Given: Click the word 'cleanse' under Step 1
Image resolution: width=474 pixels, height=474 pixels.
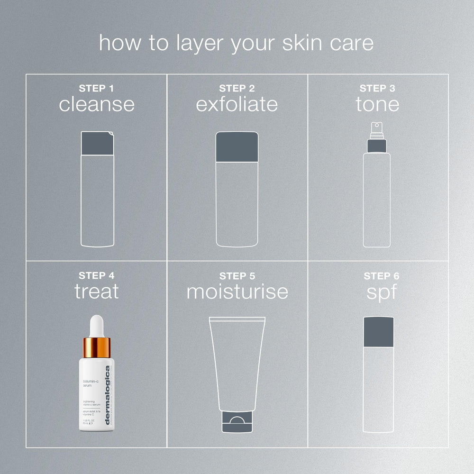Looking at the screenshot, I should [97, 104].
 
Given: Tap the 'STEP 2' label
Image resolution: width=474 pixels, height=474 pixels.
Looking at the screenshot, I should [237, 88].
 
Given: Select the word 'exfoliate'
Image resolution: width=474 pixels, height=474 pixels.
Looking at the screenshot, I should [237, 104].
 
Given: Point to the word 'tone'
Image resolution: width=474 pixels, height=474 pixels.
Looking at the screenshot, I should [377, 104].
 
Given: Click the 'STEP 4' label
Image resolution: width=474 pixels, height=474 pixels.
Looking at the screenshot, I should [97, 275].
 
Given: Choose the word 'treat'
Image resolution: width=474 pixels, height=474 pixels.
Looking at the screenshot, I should [97, 292].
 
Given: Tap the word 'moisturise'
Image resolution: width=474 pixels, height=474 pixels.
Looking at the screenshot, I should [237, 292].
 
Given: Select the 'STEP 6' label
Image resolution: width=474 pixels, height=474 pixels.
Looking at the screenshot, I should [382, 276].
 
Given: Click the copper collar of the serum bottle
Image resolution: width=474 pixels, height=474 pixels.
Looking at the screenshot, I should [96, 348].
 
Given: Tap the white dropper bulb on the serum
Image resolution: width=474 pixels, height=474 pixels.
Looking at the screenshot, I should [96, 326].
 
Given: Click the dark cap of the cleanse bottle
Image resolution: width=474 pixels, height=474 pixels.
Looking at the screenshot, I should [97, 143].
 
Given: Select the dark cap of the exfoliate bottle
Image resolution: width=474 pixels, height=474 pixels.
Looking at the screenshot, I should [237, 147].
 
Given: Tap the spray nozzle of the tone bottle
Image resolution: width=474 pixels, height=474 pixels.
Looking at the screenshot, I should [376, 127].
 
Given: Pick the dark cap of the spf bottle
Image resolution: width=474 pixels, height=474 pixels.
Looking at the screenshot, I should [379, 331].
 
